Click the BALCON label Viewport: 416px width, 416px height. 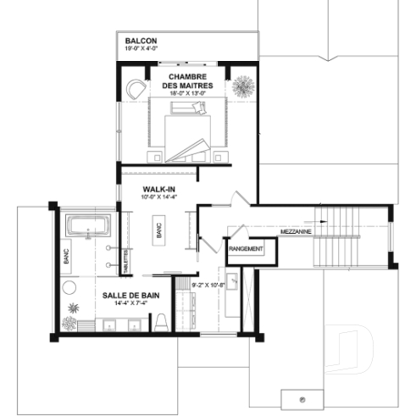tap(140, 41)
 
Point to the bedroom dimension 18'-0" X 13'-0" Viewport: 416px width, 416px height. tap(189, 95)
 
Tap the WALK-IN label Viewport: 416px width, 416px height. tap(158, 187)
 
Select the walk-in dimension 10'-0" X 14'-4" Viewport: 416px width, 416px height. tap(158, 197)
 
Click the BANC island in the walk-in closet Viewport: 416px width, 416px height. tap(157, 229)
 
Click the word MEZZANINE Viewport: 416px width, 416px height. tap(294, 230)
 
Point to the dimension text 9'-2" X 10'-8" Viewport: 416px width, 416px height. tap(208, 285)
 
